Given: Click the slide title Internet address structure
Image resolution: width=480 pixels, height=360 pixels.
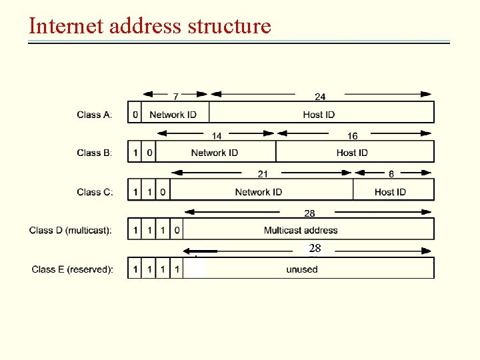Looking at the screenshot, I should pos(150,26).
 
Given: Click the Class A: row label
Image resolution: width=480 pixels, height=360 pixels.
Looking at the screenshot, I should pos(95,115).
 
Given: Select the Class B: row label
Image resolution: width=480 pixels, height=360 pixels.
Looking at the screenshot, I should pos(95,153).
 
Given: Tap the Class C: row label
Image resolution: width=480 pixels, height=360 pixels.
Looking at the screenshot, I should pos(95,192).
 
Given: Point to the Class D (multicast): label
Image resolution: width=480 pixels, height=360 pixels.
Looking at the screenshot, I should pos(71,231).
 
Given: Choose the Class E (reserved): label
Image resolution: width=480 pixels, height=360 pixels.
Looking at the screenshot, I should pos(73,269).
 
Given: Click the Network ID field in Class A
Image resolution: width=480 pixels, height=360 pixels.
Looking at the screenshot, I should pos(173,115).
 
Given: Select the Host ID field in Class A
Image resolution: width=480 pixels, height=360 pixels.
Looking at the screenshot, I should pos(319,115).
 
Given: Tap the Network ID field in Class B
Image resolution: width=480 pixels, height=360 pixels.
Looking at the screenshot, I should pos(214,153).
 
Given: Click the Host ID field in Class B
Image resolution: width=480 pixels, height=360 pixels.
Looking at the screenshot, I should pos(352,153).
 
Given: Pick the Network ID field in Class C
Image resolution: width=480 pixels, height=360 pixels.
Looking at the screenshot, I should pos(258,192).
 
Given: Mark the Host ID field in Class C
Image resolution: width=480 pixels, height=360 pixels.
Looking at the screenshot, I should pos(390,192).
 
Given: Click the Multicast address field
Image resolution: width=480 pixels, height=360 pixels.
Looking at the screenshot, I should pos(301,231).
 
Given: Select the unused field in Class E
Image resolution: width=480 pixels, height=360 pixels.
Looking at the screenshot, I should pos(302,269).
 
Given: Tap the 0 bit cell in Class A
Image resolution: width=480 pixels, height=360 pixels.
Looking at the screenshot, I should pos(135,115).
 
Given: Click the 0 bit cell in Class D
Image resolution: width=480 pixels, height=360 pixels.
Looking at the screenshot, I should pos(177,231).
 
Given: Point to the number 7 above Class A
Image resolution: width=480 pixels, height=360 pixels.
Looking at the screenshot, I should pos(176,97).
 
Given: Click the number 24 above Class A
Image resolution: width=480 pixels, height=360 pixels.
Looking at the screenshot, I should pos(320,97).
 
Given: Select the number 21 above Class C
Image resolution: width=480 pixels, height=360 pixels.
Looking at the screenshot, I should pos(263,175).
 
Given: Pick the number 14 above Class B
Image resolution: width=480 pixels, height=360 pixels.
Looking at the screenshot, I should pos(217,136).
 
